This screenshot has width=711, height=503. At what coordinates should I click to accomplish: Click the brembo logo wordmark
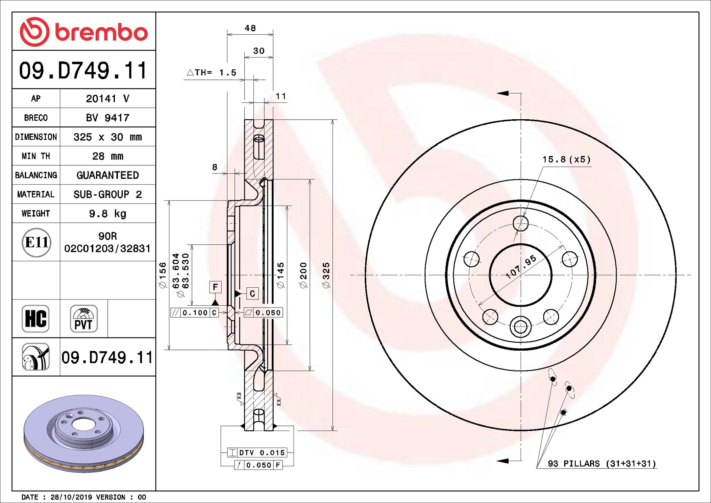coord(101,32)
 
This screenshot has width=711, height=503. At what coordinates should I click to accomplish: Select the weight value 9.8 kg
coord(107,214)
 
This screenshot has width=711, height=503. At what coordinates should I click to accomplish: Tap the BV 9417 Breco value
coord(107,118)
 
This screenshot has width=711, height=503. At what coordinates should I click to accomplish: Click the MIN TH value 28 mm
coord(107,156)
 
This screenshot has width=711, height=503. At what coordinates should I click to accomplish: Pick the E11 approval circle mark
coord(36,242)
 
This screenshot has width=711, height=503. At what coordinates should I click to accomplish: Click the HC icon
coord(35,318)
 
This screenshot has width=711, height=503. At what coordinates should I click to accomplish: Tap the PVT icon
coord(83,318)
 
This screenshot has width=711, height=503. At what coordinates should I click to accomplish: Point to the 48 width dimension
coord(250,28)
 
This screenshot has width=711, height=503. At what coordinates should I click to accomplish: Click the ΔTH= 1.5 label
coord(212,72)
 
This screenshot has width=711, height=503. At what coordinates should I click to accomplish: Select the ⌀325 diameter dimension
coord(326,275)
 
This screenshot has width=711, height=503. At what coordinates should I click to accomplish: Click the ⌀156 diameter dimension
coord(163,275)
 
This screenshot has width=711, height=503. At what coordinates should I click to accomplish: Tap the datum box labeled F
coord(215,287)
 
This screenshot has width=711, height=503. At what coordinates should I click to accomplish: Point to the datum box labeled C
coord(252,293)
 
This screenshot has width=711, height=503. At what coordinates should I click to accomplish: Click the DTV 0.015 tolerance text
coord(262,453)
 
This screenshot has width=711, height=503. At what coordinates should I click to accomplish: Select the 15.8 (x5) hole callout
coord(566,159)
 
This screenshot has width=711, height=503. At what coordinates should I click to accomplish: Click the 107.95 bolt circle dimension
coord(521,267)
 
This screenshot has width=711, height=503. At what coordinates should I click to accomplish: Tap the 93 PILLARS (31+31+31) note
coord(602,463)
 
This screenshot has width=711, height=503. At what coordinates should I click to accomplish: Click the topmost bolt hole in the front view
coord(520,223)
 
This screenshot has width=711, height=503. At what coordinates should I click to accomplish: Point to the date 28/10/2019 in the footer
coord(71,497)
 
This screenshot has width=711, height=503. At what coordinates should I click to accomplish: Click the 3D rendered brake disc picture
coord(84,434)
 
